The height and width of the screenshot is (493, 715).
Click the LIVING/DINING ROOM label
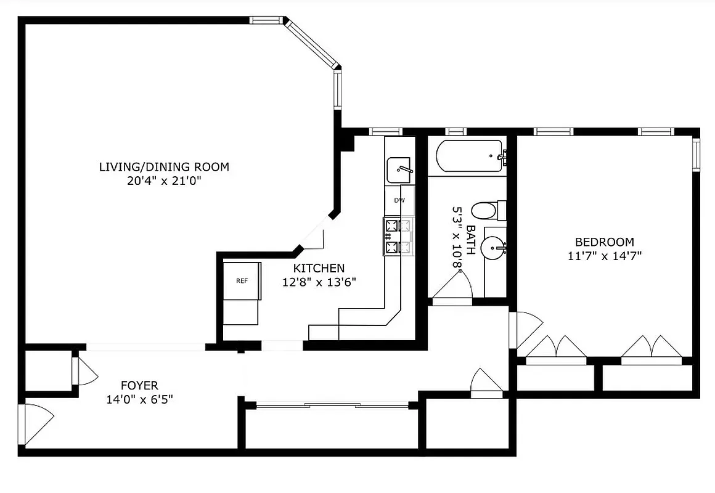click(x=164, y=166)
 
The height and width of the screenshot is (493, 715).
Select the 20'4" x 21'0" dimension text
click(x=164, y=181)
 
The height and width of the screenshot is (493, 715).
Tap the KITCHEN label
click(x=318, y=268)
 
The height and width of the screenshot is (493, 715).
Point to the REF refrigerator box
click(x=242, y=281)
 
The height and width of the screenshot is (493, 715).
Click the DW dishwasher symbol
click(x=399, y=200)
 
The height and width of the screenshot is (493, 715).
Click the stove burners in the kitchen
click(x=398, y=236)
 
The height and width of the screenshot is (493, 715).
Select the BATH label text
click(x=470, y=240)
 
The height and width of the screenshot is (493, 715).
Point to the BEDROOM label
click(x=604, y=242)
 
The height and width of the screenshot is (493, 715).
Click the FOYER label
click(x=139, y=386)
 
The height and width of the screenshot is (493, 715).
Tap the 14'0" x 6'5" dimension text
click(x=139, y=399)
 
